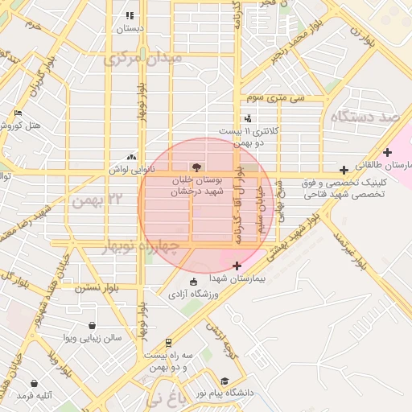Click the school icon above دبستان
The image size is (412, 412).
pyautogui.click(x=130, y=15)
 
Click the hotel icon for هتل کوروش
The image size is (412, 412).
pyautogui.click(x=19, y=113)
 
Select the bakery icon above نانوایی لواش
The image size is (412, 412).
pyautogui.click(x=131, y=158)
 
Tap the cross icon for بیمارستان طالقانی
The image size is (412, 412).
pyautogui.click(x=388, y=152)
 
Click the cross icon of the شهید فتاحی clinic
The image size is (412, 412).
pyautogui.click(x=344, y=170)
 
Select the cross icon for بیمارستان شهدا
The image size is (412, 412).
pyautogui.click(x=237, y=266)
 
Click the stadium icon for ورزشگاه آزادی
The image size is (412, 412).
pyautogui.click(x=193, y=282)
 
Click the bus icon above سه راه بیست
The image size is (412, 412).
pyautogui.click(x=167, y=342)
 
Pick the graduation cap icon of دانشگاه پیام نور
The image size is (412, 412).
pyautogui.click(x=225, y=381)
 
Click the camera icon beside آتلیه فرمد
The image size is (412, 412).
pyautogui.click(x=34, y=384)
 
